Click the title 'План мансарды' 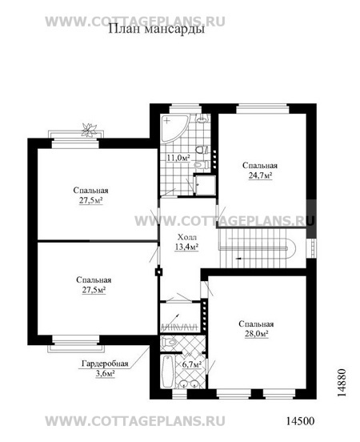156,29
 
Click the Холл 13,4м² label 186,242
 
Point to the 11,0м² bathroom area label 178,158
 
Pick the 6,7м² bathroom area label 191,364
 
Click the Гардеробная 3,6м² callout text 105,368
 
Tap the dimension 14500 300,421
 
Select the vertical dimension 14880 342,383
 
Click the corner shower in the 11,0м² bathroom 174,127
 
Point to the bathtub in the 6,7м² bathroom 168,372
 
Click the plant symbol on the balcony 89,131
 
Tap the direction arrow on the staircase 238,258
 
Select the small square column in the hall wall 159,272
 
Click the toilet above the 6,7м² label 168,342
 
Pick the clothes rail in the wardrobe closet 179,327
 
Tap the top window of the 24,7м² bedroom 263,109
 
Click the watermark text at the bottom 135,421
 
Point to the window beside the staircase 311,248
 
